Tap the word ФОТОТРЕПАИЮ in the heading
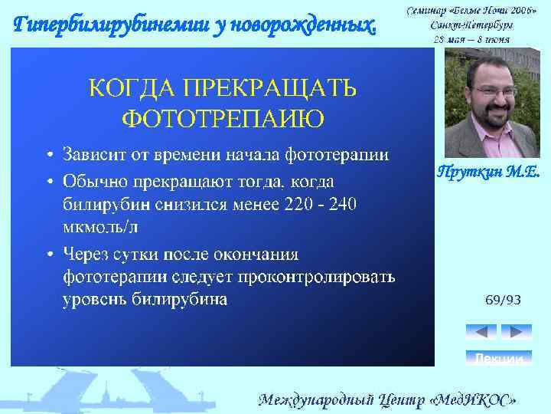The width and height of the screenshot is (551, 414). click(223, 119)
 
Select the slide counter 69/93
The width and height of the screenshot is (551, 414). click(504, 300)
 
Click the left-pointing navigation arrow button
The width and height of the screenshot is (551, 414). click(481, 332)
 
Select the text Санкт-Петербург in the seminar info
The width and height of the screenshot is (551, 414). click(471, 25)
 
